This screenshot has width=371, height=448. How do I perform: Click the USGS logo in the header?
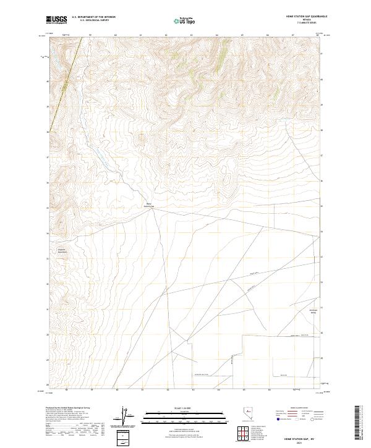57,20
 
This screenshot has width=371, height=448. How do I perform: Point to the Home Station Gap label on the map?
148,205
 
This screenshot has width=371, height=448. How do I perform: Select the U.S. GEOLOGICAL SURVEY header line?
89,21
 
